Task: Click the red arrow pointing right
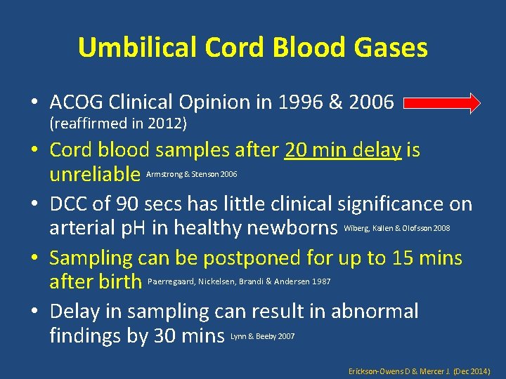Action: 442,104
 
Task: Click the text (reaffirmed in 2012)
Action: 118,124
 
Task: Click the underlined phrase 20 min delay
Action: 343,150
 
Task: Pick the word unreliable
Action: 95,173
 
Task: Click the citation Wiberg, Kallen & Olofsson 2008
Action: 397,229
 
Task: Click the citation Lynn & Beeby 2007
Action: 263,337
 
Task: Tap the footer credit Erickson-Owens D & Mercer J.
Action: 419,370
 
